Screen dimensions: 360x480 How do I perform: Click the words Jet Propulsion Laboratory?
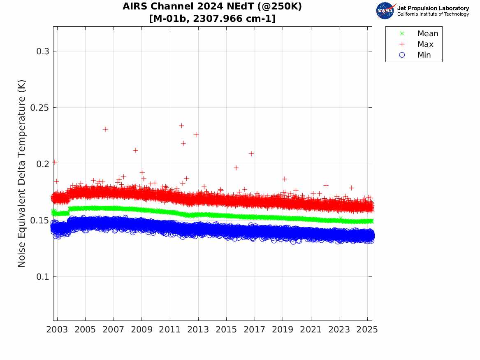(433, 8)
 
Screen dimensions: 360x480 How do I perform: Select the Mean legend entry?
(428, 34)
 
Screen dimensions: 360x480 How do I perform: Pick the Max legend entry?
(425, 44)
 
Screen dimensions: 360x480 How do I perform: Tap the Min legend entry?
(424, 55)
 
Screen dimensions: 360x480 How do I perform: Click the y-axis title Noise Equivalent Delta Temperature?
(22, 173)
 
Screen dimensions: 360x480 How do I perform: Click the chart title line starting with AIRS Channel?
(212, 7)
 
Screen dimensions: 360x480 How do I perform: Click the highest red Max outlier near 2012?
(181, 125)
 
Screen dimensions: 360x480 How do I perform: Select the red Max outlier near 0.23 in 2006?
(105, 129)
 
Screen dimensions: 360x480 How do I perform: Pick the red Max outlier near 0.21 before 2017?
(251, 153)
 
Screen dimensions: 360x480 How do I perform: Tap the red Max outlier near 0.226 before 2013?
(196, 135)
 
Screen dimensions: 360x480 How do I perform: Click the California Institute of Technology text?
(433, 14)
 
